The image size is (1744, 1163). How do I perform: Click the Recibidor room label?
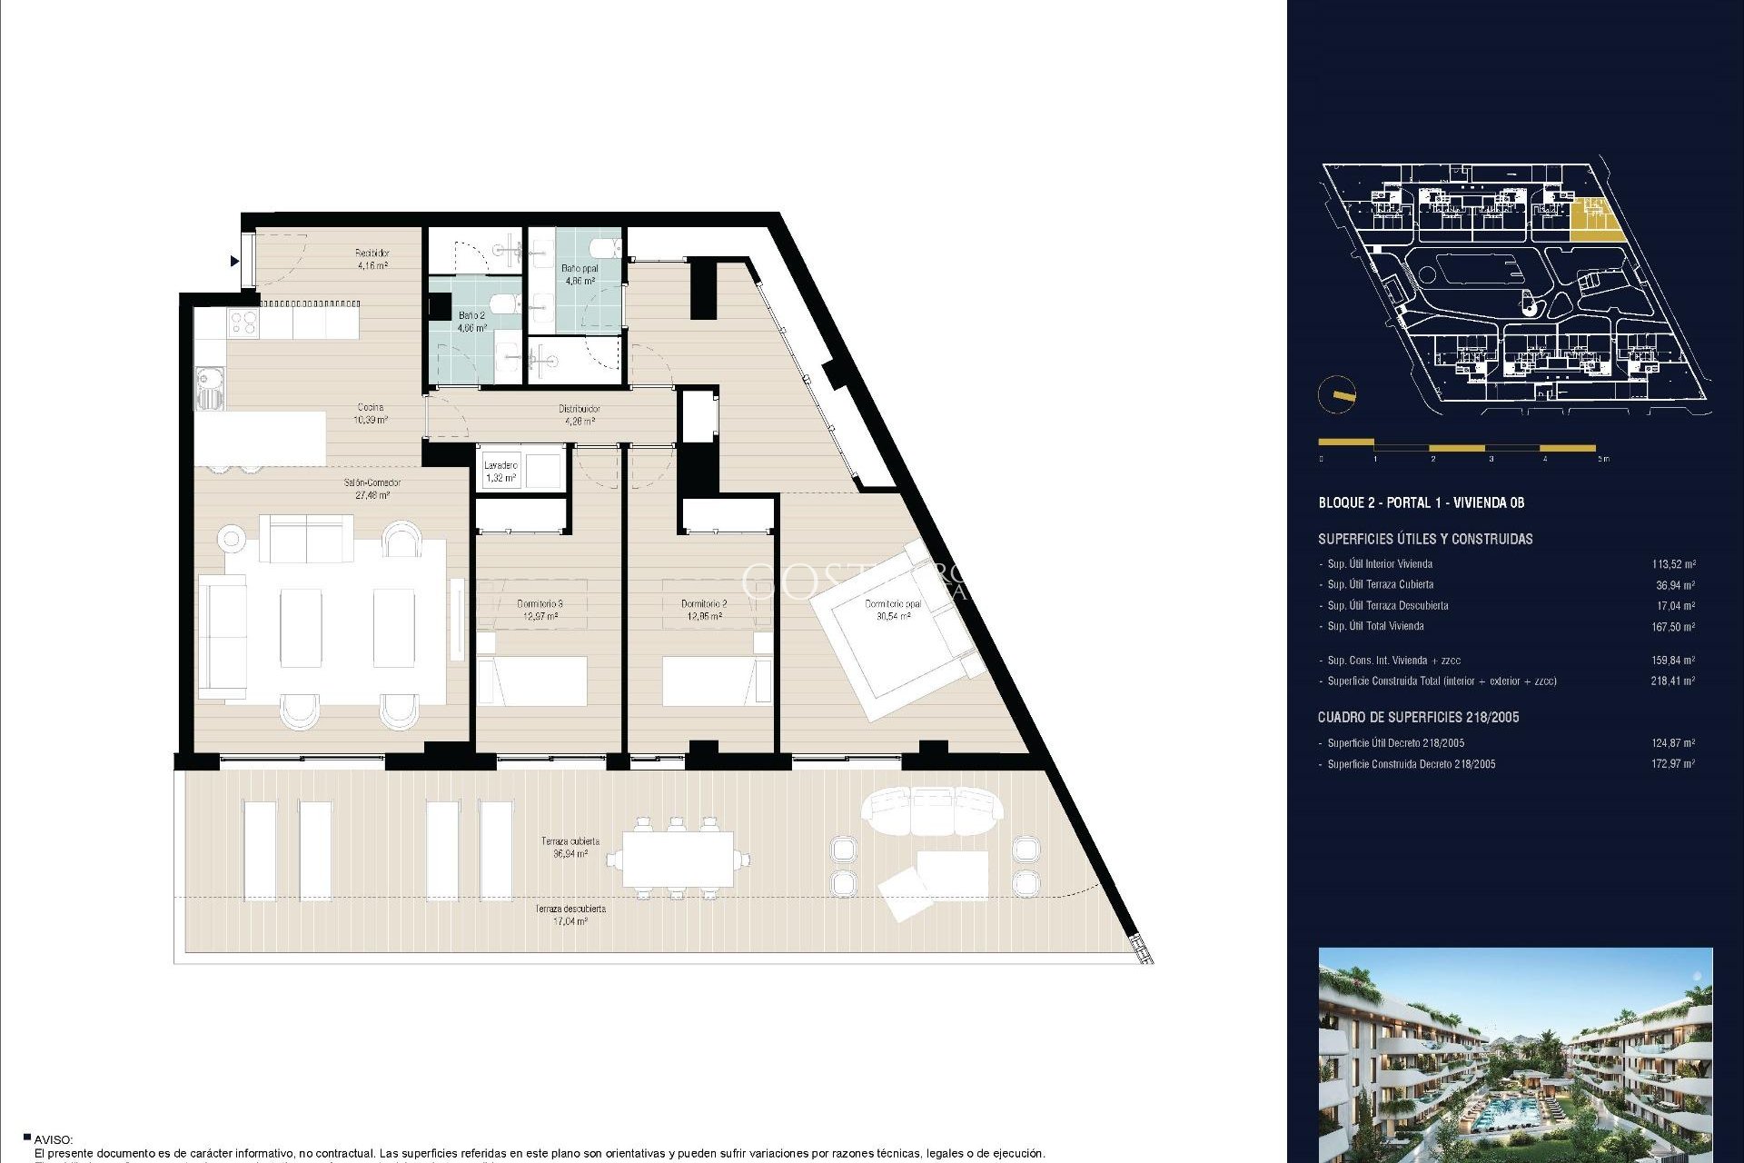point(372,259)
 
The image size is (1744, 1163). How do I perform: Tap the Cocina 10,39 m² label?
point(370,413)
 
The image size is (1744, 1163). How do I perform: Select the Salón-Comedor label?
point(372,489)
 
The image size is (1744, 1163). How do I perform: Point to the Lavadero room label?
point(500,472)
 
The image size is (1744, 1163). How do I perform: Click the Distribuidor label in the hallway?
point(579,415)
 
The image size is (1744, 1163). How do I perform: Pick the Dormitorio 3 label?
point(540,610)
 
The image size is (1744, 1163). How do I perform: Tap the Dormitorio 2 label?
point(704,610)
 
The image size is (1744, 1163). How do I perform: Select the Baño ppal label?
point(580,274)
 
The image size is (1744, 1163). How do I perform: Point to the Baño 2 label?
point(471,321)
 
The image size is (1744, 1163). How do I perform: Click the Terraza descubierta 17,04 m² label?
point(570,915)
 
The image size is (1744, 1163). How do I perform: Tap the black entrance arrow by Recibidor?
point(234,262)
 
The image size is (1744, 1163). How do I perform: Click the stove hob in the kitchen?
point(243,322)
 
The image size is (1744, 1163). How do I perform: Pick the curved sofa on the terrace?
point(932,809)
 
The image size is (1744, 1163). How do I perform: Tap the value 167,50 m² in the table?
point(1672,627)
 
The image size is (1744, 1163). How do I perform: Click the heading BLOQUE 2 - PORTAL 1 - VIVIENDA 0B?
point(1421,502)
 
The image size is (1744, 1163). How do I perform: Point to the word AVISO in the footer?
point(53,1139)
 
